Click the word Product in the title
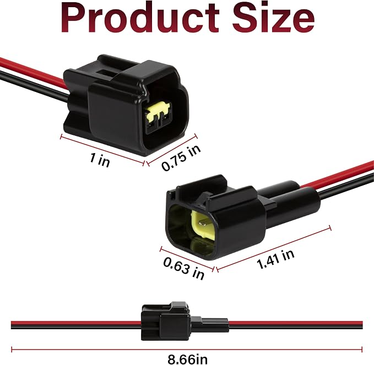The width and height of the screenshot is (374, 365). (x=140, y=18)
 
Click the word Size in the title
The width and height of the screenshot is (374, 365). (x=273, y=18)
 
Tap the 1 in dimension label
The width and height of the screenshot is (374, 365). (x=100, y=160)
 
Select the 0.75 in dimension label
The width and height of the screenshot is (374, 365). (x=181, y=158)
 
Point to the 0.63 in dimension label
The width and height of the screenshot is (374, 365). (x=184, y=269)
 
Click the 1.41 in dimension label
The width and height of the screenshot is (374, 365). (x=275, y=259)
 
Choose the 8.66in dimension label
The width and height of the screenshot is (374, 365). (x=187, y=359)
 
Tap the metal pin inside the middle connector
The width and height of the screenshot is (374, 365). (x=202, y=223)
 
